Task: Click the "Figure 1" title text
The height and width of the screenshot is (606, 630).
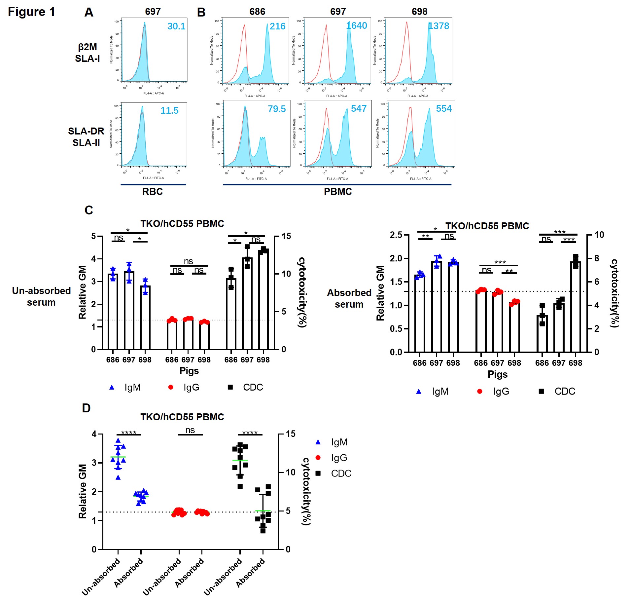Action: pyautogui.click(x=31, y=12)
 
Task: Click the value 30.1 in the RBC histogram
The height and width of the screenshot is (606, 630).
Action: pyautogui.click(x=176, y=26)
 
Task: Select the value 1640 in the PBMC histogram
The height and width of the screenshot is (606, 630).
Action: pyautogui.click(x=357, y=25)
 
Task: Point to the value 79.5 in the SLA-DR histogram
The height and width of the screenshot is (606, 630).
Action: pyautogui.click(x=277, y=109)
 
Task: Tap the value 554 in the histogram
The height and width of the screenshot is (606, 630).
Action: pyautogui.click(x=444, y=108)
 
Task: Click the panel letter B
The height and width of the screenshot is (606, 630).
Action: pyautogui.click(x=201, y=13)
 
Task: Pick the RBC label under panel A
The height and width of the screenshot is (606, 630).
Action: pyautogui.click(x=153, y=192)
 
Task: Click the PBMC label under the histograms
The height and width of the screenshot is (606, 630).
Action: pyautogui.click(x=338, y=192)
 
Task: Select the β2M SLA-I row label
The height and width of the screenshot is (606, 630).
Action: pyautogui.click(x=87, y=53)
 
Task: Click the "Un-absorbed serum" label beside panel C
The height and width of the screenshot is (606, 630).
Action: pyautogui.click(x=41, y=296)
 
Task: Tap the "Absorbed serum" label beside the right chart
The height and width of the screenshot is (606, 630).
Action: pyautogui.click(x=349, y=298)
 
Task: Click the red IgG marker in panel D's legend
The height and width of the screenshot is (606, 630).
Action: pyautogui.click(x=318, y=458)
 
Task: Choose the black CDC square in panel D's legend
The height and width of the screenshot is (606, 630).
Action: pyautogui.click(x=318, y=473)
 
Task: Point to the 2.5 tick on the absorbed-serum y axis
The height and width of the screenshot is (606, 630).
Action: pyautogui.click(x=396, y=235)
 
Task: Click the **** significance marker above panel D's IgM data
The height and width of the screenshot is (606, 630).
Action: pyautogui.click(x=129, y=433)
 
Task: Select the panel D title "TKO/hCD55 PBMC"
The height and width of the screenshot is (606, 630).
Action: pyautogui.click(x=182, y=417)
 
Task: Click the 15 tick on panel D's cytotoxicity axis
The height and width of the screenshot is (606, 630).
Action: pyautogui.click(x=291, y=434)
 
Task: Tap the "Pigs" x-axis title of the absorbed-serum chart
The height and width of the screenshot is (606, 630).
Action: pyautogui.click(x=498, y=374)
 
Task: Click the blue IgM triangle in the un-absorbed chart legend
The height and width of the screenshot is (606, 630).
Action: pyautogui.click(x=112, y=387)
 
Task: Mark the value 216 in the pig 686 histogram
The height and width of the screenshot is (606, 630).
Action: pyautogui.click(x=277, y=26)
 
